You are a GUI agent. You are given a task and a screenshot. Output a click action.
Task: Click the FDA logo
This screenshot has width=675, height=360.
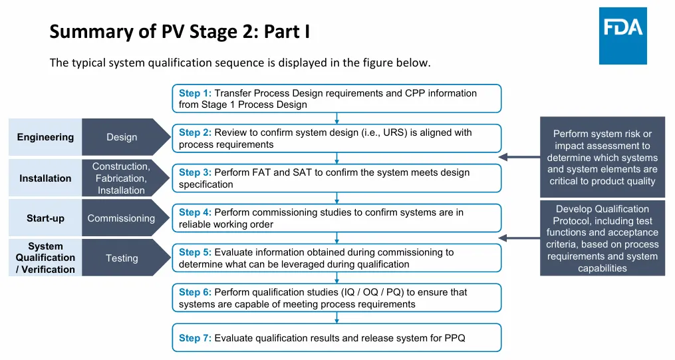point(622,36)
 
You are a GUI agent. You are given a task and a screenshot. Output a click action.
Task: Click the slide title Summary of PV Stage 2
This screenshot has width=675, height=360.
point(180,31)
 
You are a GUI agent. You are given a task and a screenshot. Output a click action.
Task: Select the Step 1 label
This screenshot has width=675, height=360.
point(195,93)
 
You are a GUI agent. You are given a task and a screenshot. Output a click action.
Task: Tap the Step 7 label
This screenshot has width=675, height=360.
point(195,338)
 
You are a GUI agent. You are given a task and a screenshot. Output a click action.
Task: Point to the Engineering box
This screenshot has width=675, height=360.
point(45,137)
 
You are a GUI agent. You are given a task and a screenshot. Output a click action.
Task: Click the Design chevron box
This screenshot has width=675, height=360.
point(122,137)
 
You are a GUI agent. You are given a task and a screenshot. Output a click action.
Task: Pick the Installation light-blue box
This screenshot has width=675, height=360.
point(45,178)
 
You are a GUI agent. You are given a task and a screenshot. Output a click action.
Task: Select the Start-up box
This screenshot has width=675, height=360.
point(45,218)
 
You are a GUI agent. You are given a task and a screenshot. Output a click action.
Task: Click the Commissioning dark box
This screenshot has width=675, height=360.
point(121,218)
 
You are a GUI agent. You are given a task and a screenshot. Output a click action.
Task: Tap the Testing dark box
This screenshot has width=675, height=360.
point(122,258)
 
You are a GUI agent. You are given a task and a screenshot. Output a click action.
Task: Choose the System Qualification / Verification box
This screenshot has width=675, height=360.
point(45,258)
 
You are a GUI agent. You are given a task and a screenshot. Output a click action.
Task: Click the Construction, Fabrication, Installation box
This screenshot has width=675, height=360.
point(121,178)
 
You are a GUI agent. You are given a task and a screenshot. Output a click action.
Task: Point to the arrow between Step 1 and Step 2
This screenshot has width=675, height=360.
point(337,118)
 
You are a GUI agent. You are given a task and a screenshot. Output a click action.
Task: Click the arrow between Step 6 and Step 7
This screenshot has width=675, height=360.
point(337,318)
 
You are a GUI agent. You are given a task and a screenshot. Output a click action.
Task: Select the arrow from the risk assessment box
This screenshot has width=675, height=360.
point(519,158)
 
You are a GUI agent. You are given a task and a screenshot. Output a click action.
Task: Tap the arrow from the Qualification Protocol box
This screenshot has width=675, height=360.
point(519,238)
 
